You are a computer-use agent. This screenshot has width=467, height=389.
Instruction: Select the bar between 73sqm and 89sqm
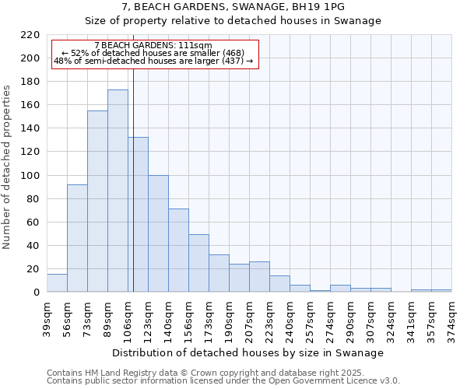(x=97, y=202)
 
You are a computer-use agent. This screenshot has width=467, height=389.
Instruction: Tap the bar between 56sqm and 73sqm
(x=77, y=238)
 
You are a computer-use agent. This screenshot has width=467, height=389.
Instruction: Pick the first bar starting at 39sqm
(x=57, y=283)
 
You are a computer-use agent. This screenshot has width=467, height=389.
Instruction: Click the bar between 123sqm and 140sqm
(x=158, y=233)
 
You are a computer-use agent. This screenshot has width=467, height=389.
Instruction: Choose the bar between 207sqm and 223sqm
(x=259, y=277)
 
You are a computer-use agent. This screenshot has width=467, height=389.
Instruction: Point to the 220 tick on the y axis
(x=31, y=35)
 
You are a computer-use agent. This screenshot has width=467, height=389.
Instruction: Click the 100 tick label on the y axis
(x=31, y=176)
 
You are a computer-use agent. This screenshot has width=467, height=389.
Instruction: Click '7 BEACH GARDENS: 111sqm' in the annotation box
(x=153, y=46)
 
